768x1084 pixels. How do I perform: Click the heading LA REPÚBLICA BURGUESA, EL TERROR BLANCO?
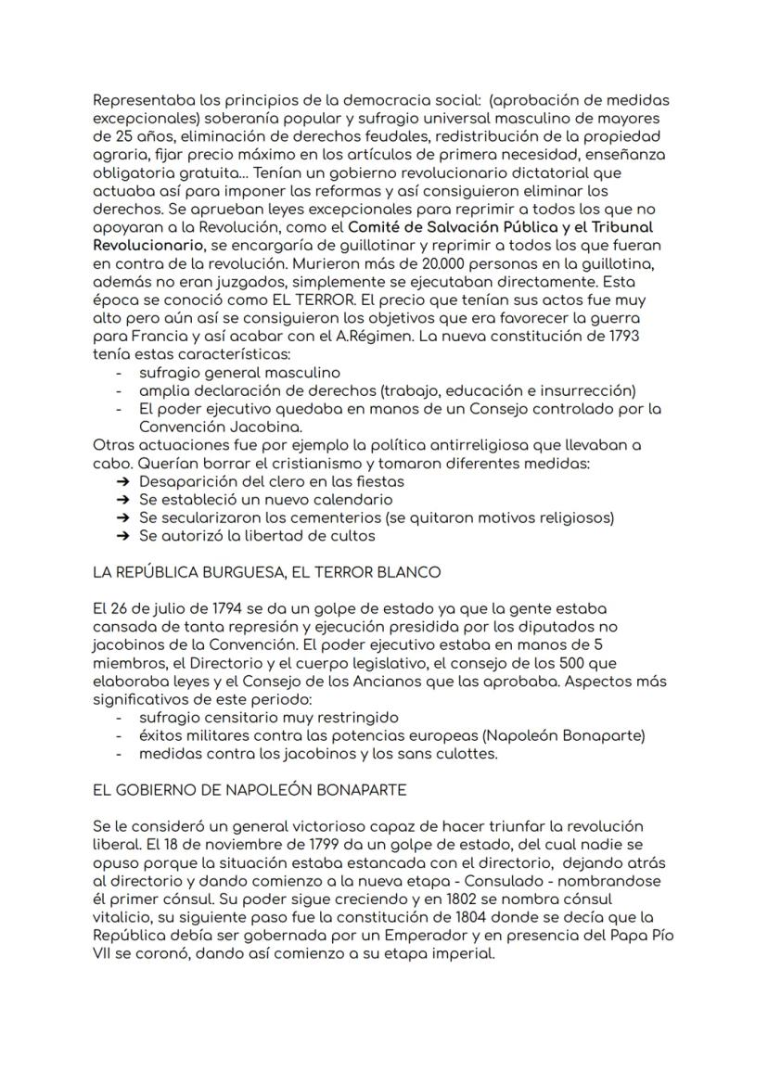pyautogui.click(x=266, y=572)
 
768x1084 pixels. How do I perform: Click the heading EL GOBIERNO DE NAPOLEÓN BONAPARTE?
pyautogui.click(x=250, y=790)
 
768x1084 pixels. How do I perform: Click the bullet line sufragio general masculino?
pyautogui.click(x=239, y=373)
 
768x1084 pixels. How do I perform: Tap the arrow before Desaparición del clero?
pyautogui.click(x=122, y=481)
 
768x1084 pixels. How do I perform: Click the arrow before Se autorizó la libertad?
pyautogui.click(x=122, y=536)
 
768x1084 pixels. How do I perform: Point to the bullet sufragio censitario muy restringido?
pyautogui.click(x=268, y=718)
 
